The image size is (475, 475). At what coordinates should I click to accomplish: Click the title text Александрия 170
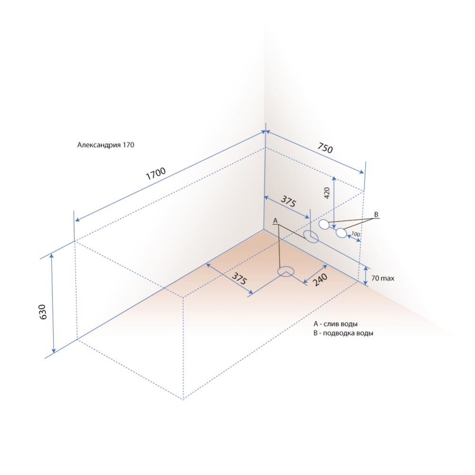coord(106,145)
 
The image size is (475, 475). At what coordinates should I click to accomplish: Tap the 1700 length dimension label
coord(156,174)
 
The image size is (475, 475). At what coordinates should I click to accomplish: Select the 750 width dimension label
coord(325,148)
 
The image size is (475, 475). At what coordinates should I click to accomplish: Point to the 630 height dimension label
coord(43,312)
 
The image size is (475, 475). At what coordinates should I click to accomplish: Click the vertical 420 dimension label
coord(327,193)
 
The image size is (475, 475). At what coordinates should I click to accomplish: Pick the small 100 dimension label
coord(356,234)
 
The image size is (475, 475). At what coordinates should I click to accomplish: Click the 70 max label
coord(383,278)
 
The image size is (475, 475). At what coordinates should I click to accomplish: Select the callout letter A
coord(275,221)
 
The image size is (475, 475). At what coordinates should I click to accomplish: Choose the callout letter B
coord(376,214)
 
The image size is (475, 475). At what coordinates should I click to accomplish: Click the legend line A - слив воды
coord(335,324)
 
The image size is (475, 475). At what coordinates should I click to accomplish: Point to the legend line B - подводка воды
coord(343,333)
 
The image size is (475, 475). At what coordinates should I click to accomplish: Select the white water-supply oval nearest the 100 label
coord(341,233)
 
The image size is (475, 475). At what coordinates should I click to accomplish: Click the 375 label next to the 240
coord(239,278)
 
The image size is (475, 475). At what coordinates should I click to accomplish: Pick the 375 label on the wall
coord(288,202)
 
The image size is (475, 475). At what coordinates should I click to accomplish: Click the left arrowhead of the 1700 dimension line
coord(78,219)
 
